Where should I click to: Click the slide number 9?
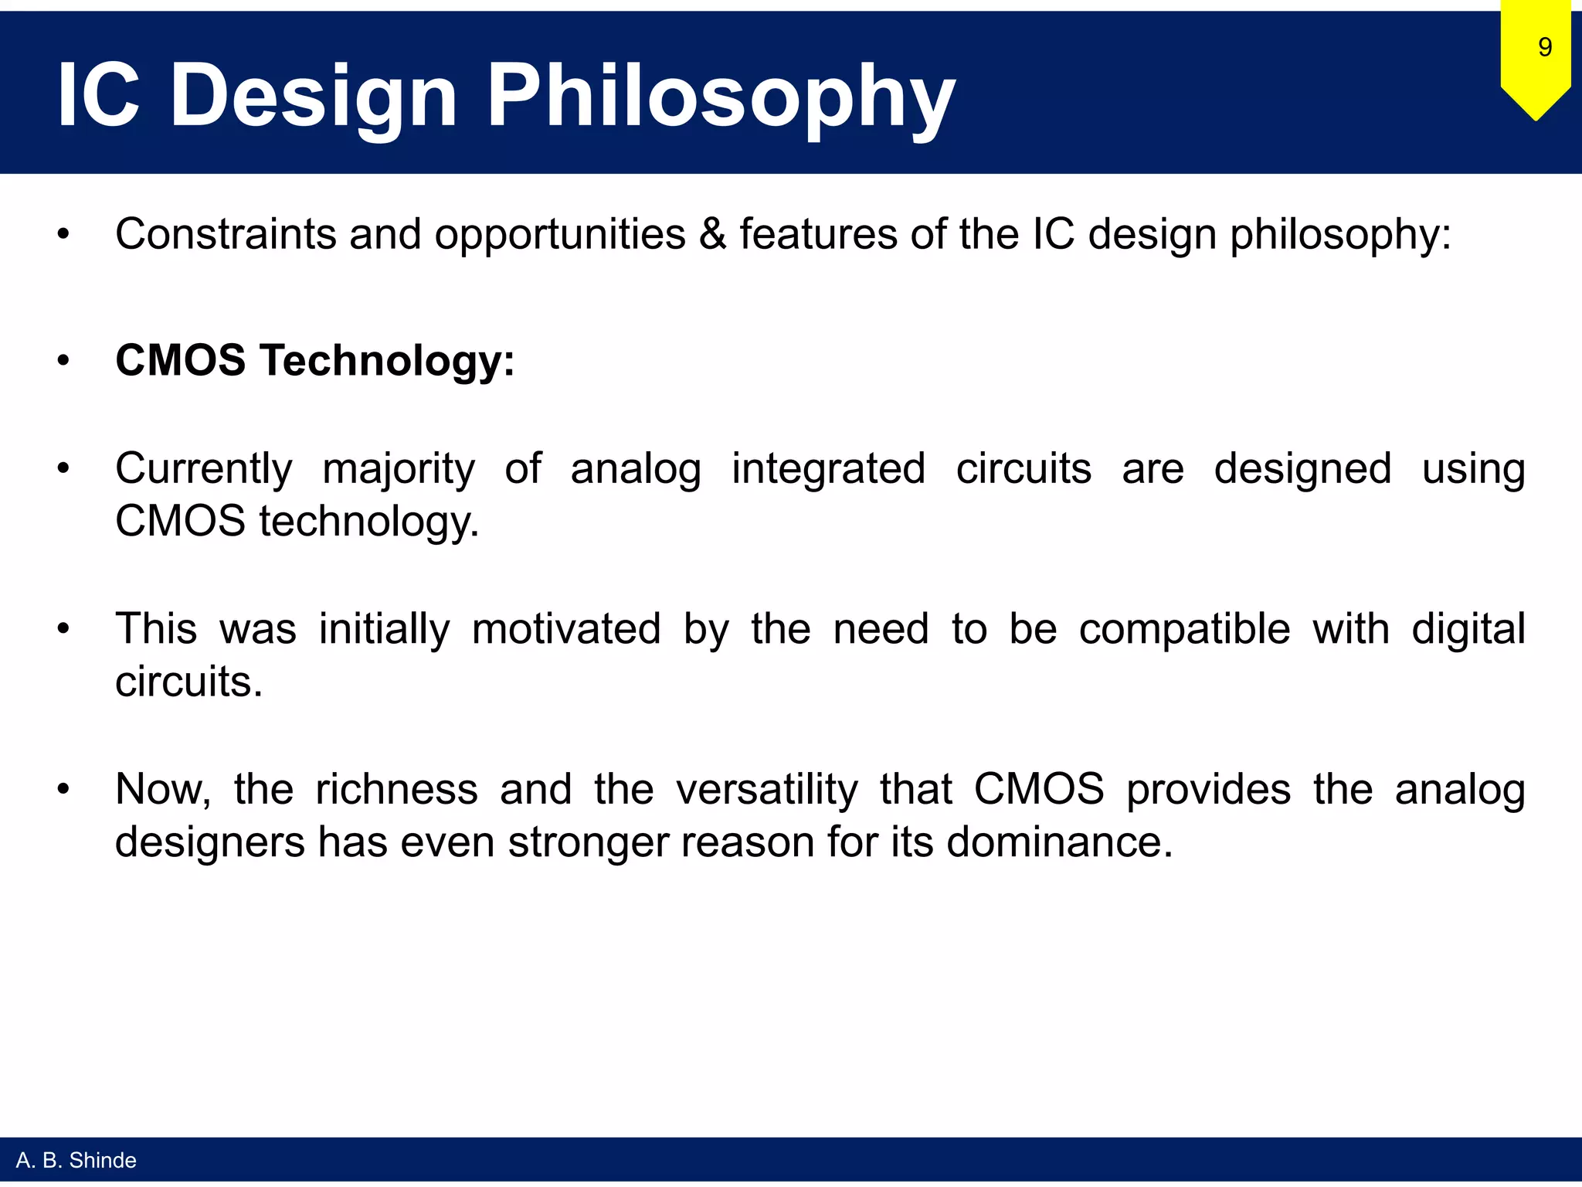tap(1544, 48)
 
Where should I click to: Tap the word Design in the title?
tap(314, 97)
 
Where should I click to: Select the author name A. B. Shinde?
tap(76, 1160)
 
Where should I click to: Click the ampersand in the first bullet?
tap(712, 234)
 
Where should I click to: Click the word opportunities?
tap(559, 234)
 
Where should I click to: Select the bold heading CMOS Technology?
tap(314, 360)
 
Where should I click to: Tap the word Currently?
tap(204, 469)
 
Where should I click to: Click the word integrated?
tap(828, 469)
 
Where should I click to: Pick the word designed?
tap(1302, 469)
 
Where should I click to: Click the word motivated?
tap(566, 628)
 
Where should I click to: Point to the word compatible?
tap(1184, 628)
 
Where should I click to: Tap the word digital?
tap(1468, 628)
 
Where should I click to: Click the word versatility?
tap(766, 789)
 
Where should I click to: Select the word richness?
tap(396, 789)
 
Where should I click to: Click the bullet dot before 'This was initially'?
tap(63, 628)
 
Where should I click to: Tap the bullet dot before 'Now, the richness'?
tap(63, 789)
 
